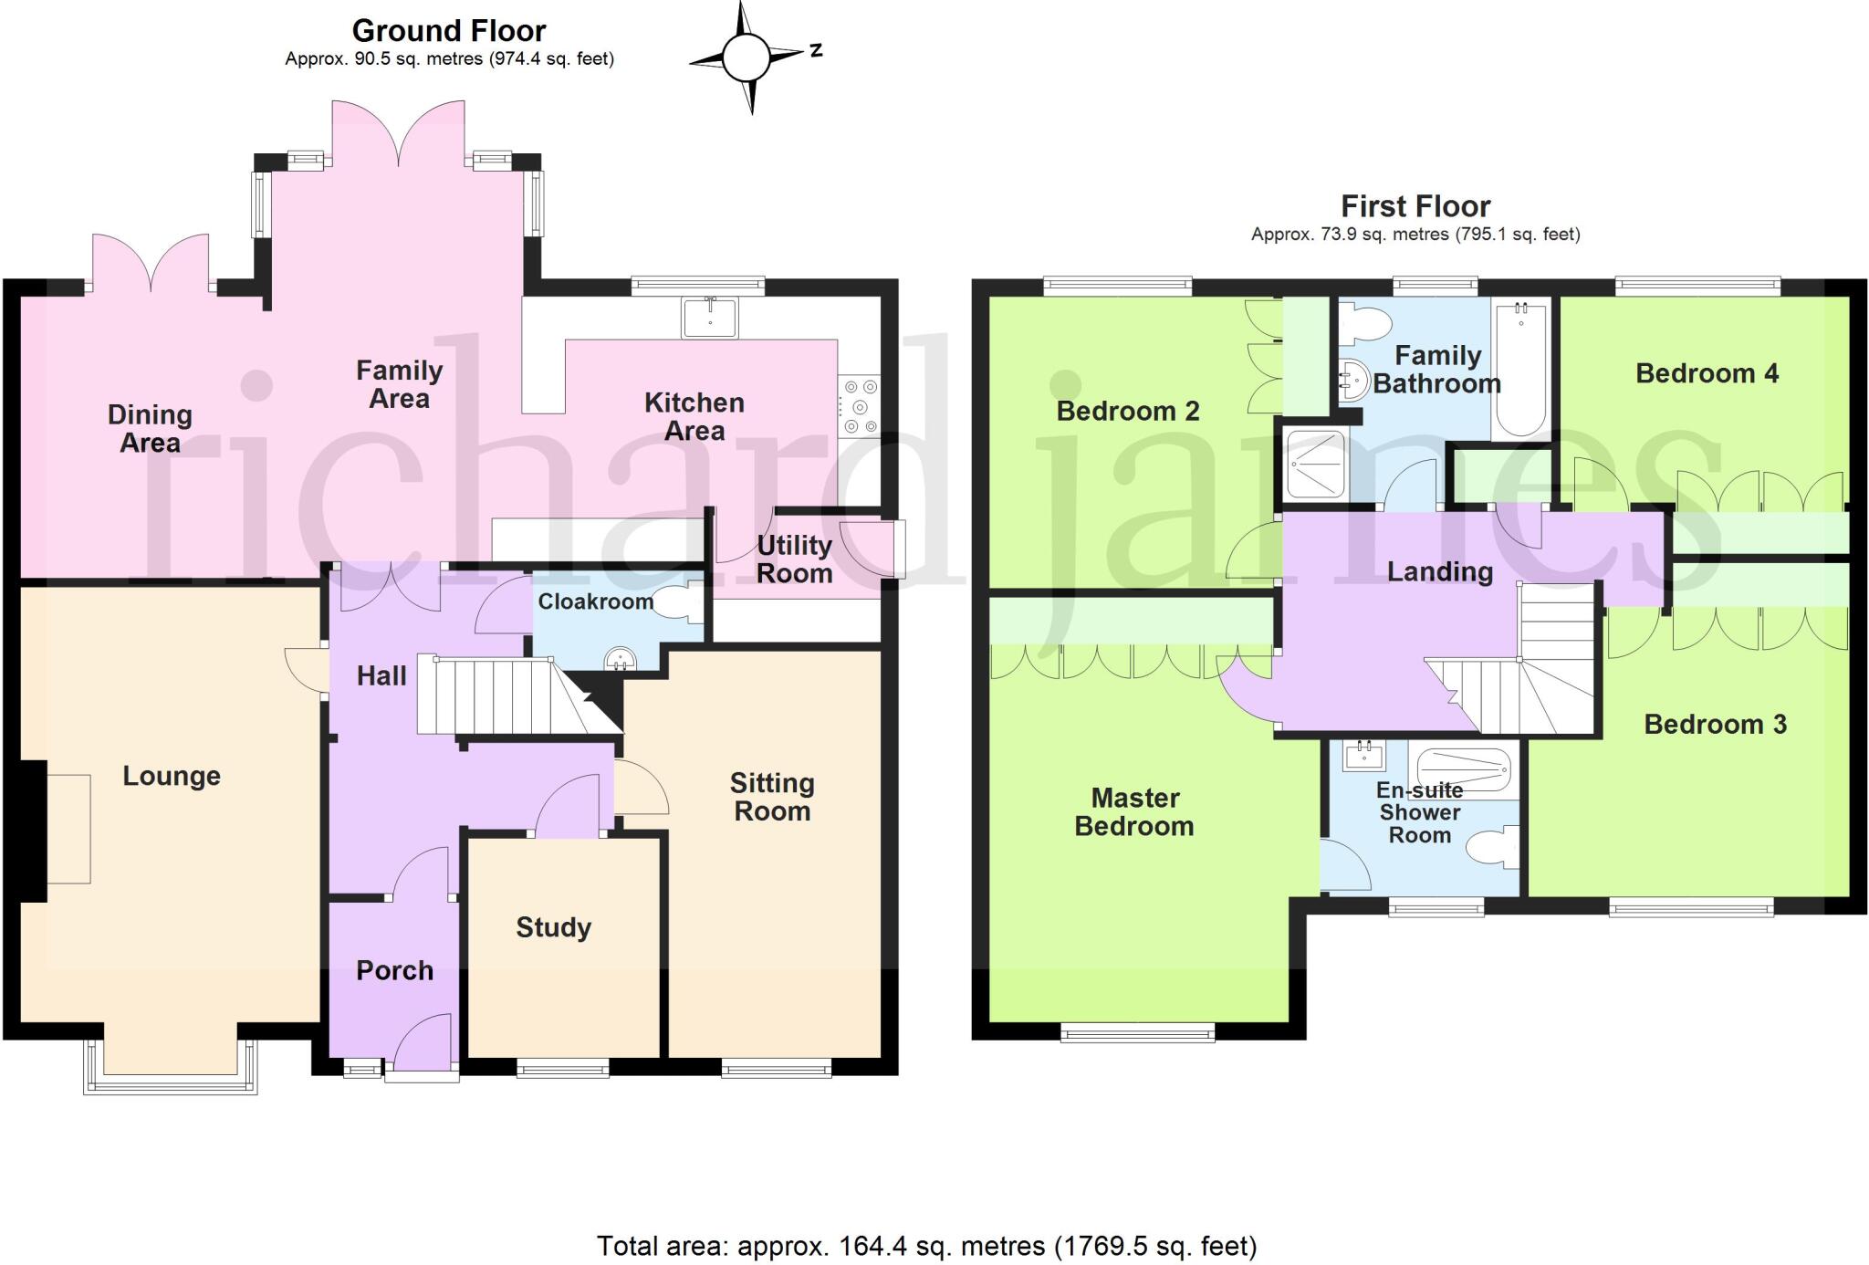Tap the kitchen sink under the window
tap(710, 317)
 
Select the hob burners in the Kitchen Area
tap(860, 407)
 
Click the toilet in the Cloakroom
tap(679, 602)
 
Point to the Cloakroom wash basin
tap(621, 657)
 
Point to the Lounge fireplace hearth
tap(68, 829)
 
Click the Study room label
tap(554, 927)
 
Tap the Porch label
tap(394, 970)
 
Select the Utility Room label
tap(794, 559)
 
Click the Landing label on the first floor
tap(1440, 571)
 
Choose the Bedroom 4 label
tap(1707, 373)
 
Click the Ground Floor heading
tap(449, 31)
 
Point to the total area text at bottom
tap(926, 1246)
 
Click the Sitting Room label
tap(772, 797)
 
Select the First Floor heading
tap(1415, 206)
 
